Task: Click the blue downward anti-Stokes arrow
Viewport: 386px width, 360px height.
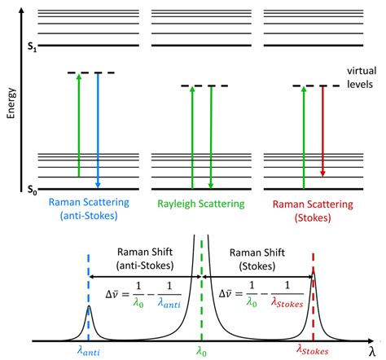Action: pyautogui.click(x=98, y=130)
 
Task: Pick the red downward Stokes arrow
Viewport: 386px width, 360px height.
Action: pyautogui.click(x=322, y=130)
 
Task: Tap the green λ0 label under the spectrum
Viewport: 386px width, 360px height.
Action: pyautogui.click(x=201, y=350)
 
